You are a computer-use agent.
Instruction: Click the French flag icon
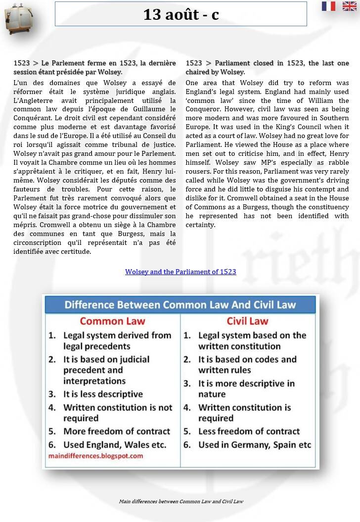pos(328,6)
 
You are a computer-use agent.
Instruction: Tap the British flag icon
pos(349,6)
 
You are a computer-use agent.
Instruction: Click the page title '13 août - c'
pos(180,14)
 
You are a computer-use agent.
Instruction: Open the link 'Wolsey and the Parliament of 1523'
pos(180,272)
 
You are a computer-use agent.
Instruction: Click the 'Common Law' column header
pos(112,321)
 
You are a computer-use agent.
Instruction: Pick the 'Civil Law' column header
pos(247,321)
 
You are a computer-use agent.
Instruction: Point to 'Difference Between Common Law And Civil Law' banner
pos(180,304)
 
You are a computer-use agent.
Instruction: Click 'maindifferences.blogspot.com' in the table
pos(95,456)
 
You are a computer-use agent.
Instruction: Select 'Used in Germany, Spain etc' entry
pos(254,445)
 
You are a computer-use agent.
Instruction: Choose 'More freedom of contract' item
pos(116,431)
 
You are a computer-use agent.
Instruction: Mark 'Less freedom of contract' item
pos(249,431)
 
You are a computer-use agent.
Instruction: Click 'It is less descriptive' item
pos(102,394)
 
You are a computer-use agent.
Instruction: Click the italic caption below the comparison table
pos(181,501)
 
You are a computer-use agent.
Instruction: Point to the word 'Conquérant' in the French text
pos(32,118)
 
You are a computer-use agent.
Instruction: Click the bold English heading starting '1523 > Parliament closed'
pos(267,67)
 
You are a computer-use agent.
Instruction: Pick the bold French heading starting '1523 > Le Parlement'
pos(94,67)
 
